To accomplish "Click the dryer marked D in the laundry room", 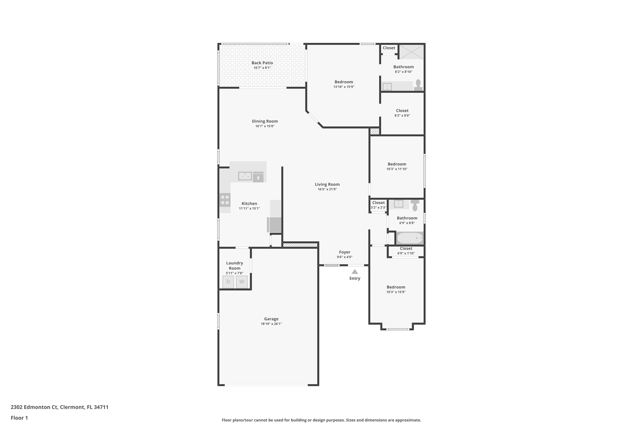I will tap(228, 282).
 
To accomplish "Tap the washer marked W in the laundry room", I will tap(242, 282).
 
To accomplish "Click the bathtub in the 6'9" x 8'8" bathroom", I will tap(410, 238).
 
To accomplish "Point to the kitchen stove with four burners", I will tap(225, 200).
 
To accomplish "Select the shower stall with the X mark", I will tap(412, 52).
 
